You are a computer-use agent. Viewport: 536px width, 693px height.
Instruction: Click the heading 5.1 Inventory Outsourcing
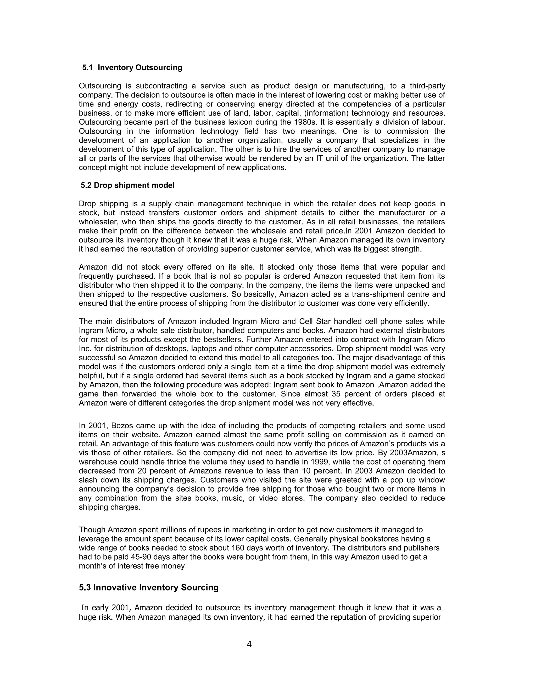(132, 67)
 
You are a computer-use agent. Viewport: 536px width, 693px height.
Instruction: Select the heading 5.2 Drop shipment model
(128, 185)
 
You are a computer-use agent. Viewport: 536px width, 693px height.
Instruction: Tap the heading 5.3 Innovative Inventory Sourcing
(149, 587)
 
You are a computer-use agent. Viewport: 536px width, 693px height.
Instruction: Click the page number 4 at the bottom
(249, 644)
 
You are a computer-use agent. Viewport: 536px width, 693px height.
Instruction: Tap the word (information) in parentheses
(322, 113)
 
